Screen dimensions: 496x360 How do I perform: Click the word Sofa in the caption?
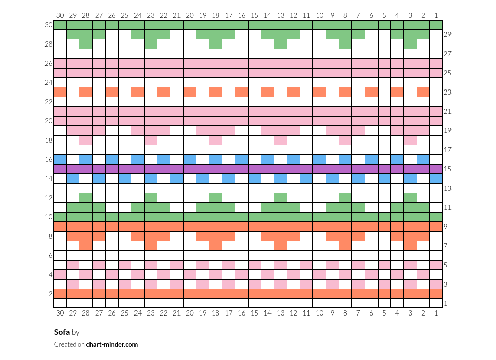[x=62, y=332]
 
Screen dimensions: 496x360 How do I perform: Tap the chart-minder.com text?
[x=112, y=344]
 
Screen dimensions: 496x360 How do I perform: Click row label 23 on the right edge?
[x=447, y=92]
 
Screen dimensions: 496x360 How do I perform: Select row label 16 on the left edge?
[x=49, y=159]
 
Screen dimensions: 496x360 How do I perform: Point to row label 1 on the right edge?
[x=446, y=304]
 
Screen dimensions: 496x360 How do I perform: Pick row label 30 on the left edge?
[x=49, y=25]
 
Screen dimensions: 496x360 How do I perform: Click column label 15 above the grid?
[x=255, y=15]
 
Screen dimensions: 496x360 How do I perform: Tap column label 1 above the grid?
[x=436, y=15]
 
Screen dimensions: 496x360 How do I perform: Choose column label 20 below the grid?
[x=190, y=313]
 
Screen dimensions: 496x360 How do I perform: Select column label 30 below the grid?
[x=60, y=313]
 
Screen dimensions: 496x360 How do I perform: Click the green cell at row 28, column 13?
[x=281, y=44]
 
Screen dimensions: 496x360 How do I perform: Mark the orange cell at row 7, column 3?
[x=410, y=246]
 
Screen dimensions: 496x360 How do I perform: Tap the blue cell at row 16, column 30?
[x=60, y=159]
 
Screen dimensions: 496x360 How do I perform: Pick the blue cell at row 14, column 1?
[x=436, y=178]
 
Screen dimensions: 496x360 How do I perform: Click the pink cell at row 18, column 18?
[x=216, y=140]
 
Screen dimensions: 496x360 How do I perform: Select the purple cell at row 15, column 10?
[x=320, y=169]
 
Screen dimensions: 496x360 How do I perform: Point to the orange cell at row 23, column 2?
[x=423, y=92]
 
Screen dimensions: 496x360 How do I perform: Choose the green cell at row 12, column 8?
[x=345, y=198]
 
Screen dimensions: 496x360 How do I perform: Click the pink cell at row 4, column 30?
[x=60, y=275]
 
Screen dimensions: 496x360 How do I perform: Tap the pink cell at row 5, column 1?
[x=436, y=265]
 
